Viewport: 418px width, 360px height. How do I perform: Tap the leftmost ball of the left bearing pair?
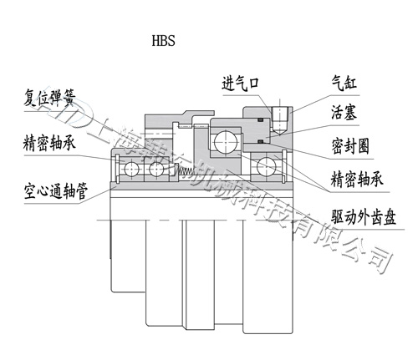click(x=131, y=170)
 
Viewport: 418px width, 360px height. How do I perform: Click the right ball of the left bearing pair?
click(x=155, y=170)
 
